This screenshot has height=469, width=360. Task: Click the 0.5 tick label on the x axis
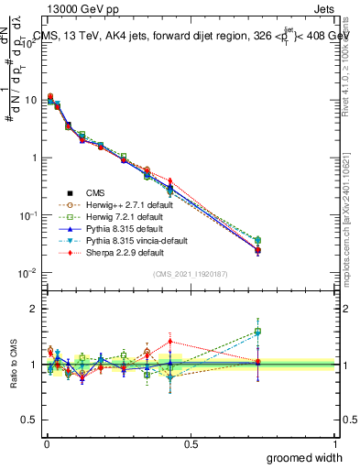coord(191,443)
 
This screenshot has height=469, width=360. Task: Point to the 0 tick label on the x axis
coord(46,443)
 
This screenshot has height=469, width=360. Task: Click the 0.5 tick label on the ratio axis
coord(28,420)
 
